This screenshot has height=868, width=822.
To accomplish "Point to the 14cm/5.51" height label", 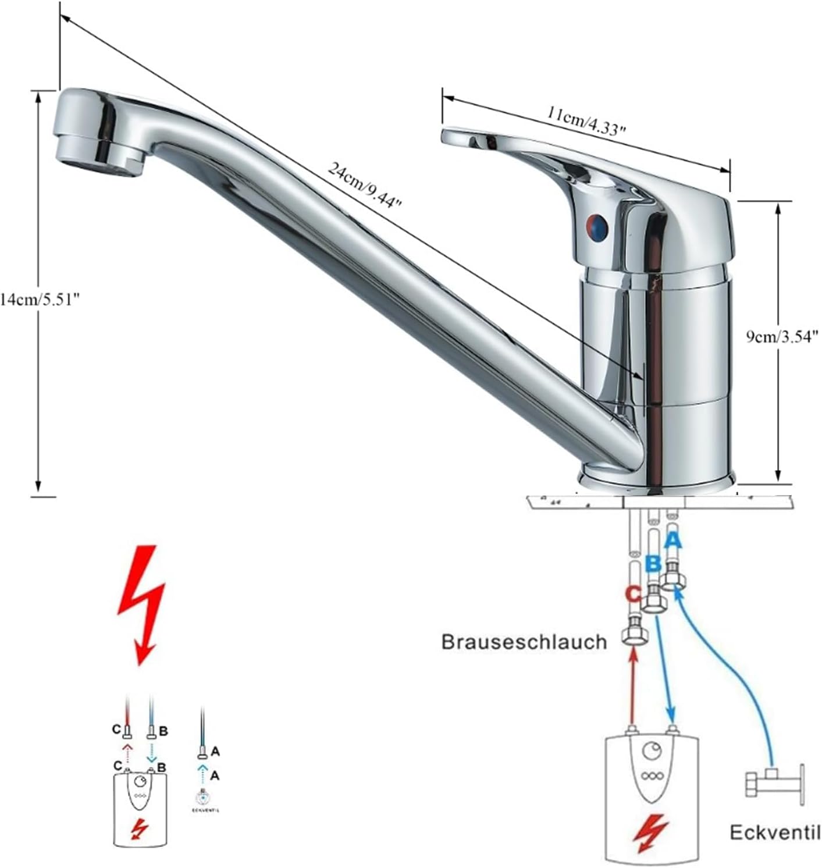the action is (40, 300).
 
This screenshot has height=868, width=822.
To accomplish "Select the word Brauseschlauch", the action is (524, 642).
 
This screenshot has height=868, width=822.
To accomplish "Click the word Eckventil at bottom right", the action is (775, 833).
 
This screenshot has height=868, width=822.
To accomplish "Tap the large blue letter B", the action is (653, 563).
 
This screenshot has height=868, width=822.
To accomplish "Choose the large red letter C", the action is (633, 594).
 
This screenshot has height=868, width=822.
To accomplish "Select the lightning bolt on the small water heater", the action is (140, 828).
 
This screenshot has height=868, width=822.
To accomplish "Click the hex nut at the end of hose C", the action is (635, 636).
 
